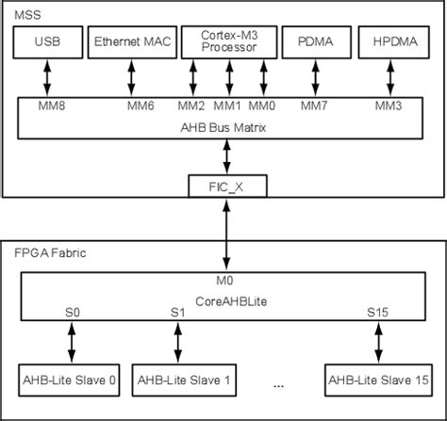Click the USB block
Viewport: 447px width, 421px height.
[48, 41]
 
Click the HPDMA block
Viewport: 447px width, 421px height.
[388, 41]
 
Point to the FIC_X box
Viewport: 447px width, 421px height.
[227, 187]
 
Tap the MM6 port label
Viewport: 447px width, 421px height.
[141, 105]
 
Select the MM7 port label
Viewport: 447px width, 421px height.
[315, 105]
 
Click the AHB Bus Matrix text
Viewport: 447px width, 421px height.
[227, 122]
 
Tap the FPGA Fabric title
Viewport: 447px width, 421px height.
[46, 253]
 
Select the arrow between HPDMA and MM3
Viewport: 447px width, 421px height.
[388, 76]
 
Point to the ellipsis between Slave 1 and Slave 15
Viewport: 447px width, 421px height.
[279, 384]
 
